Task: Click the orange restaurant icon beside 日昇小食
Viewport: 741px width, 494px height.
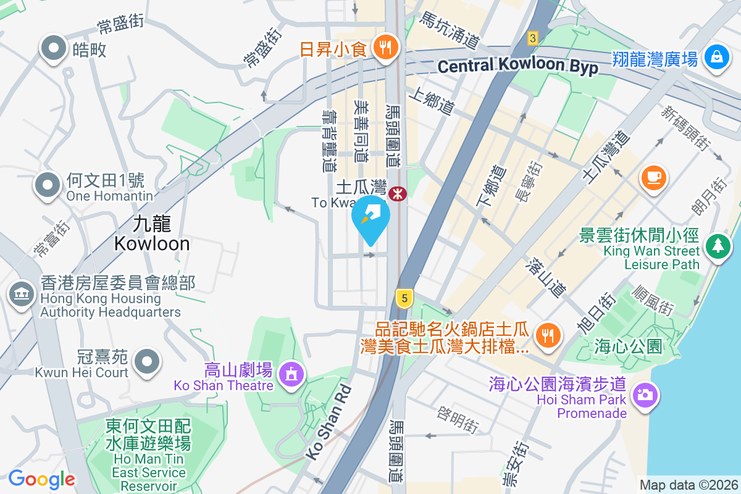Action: (x=387, y=48)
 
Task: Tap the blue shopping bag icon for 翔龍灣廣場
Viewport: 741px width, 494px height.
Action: (x=716, y=59)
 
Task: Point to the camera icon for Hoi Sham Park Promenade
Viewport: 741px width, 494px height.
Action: (x=644, y=394)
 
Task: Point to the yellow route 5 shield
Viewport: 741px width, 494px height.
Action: (x=404, y=298)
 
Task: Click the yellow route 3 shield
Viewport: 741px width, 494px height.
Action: (x=533, y=38)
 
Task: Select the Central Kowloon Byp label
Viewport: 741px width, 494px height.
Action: (x=517, y=65)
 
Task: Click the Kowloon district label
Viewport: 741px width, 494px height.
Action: (x=152, y=233)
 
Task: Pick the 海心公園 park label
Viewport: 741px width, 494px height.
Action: (x=629, y=346)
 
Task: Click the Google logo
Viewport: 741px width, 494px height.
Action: (x=41, y=479)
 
